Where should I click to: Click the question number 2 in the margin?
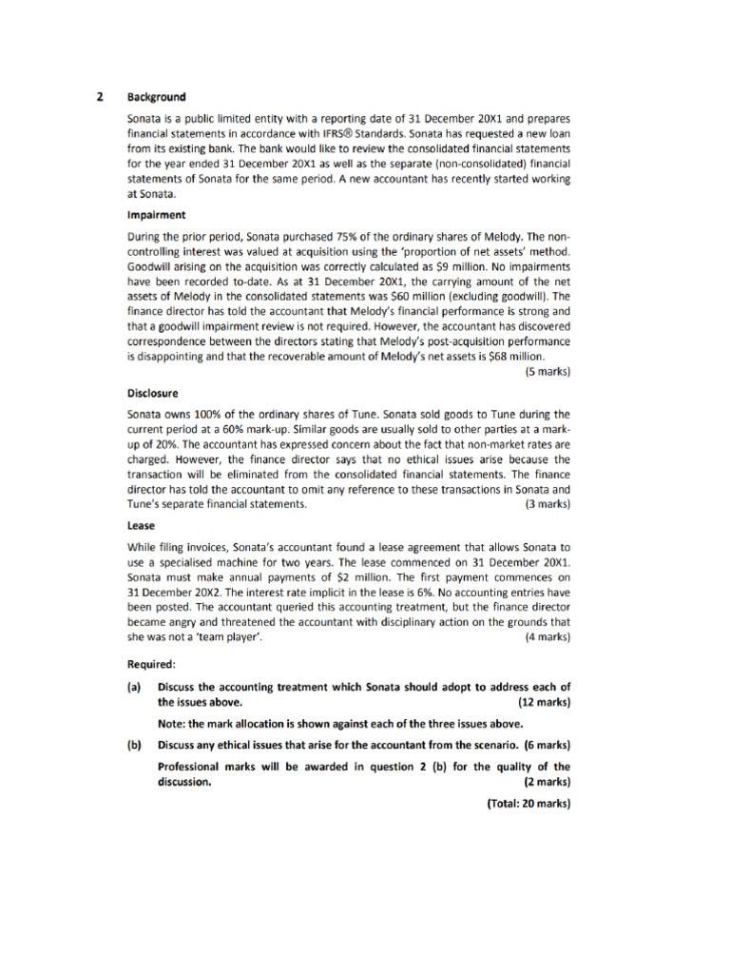(x=100, y=97)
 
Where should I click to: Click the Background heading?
(x=157, y=97)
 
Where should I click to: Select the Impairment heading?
(x=157, y=215)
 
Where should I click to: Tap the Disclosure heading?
(x=153, y=392)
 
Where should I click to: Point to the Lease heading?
(x=142, y=525)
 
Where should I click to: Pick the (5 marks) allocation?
(x=547, y=371)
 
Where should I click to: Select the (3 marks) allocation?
(x=547, y=504)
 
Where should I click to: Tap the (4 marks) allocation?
(x=547, y=637)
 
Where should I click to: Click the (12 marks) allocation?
(x=544, y=702)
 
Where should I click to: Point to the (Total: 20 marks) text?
(x=528, y=803)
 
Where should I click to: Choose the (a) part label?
(x=134, y=687)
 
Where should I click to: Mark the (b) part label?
(x=134, y=744)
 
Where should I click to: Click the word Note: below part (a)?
(x=172, y=723)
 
